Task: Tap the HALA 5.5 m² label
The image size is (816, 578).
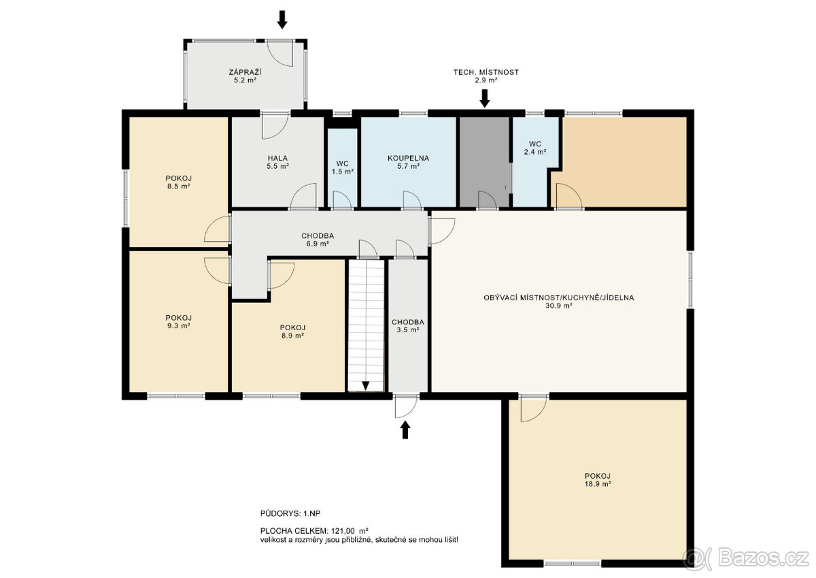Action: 277,162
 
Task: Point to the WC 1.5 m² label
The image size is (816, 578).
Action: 343,167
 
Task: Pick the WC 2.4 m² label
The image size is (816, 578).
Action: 534,148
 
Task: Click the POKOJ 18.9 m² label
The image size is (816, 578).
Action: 598,480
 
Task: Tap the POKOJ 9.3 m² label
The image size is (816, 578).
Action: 178,321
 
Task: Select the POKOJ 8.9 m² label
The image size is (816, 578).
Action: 292,332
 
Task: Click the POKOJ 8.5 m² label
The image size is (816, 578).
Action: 178,182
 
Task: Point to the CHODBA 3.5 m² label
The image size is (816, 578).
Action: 408,326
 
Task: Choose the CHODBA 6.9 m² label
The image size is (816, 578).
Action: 318,240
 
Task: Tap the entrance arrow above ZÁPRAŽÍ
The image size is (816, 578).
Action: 282,19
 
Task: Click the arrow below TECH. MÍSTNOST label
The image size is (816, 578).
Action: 484,99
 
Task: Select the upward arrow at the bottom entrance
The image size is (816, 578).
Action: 405,430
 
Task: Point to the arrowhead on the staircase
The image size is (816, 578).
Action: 366,386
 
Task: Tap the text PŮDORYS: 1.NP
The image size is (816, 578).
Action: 290,513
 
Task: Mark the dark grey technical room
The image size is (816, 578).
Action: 484,162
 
